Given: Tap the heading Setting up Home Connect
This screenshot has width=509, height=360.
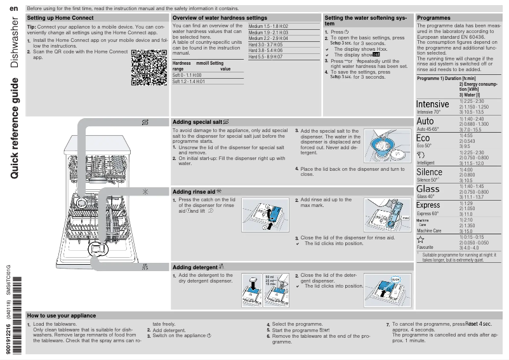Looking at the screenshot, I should click(61, 18).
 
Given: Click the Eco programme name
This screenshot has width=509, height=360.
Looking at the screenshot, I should click(423, 138).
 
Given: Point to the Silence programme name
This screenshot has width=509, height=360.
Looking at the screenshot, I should click(429, 172).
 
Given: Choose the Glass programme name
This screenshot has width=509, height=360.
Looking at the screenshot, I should click(428, 189).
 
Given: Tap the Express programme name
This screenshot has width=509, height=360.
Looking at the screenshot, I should click(428, 205).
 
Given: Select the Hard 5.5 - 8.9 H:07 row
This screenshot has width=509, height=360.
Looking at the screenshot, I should click(265, 57).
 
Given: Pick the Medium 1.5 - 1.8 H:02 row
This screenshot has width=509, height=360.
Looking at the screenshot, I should click(268, 26).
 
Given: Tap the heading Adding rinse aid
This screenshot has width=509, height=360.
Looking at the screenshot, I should click(197, 191).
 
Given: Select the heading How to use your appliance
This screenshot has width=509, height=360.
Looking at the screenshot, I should click(62, 316).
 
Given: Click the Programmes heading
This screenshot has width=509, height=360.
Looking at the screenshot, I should click(434, 18).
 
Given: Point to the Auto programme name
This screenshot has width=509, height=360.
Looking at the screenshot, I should click(425, 121).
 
